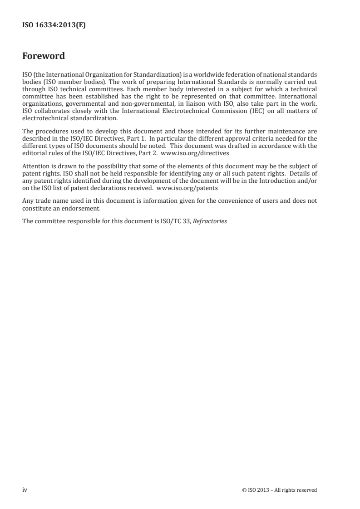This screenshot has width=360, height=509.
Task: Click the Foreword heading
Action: click(x=44, y=56)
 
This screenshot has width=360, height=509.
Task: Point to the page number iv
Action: click(x=25, y=489)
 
